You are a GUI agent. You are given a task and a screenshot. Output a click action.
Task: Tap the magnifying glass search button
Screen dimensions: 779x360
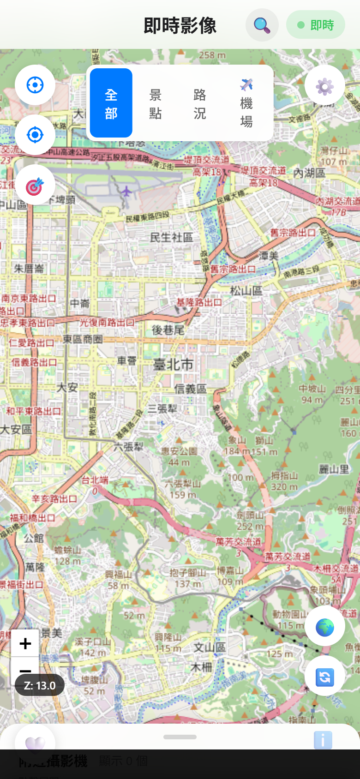coord(262,25)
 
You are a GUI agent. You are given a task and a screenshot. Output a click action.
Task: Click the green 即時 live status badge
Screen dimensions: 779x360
coord(316,25)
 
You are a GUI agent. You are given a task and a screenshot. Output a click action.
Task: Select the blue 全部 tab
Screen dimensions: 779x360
coord(111,103)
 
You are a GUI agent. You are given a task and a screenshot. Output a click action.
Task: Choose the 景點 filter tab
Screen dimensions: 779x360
coord(156,103)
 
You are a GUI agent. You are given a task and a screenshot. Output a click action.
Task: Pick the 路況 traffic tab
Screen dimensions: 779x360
coord(200,103)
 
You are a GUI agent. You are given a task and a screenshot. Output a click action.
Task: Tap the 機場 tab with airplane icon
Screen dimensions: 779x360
coord(246,103)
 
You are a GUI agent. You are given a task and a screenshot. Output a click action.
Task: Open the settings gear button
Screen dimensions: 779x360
coord(324,86)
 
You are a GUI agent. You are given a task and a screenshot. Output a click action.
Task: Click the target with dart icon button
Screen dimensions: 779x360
coord(35,185)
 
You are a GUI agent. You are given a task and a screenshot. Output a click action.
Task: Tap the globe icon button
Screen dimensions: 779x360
coord(324,627)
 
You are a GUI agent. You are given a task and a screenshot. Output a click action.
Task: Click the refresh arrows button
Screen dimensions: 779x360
coord(324,677)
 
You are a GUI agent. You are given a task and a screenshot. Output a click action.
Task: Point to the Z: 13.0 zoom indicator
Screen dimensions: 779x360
coord(40,685)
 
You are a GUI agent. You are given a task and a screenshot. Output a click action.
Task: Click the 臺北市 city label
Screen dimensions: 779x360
coord(173,365)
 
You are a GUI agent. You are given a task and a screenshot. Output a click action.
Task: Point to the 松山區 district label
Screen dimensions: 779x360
coord(246,291)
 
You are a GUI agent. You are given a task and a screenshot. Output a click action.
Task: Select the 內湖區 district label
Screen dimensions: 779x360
coord(309,173)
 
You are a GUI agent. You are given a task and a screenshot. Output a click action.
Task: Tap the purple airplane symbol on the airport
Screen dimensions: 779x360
coord(126,191)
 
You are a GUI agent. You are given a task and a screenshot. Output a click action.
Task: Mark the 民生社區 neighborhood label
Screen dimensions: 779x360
coord(171,237)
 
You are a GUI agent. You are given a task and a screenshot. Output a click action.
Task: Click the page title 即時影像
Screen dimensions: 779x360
coord(180,25)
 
